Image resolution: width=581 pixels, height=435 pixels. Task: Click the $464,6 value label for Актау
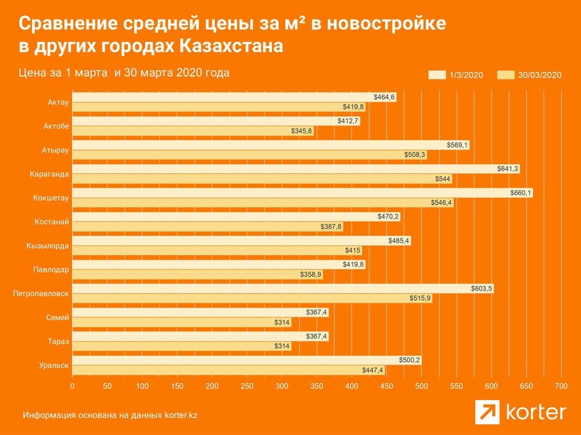click(384, 97)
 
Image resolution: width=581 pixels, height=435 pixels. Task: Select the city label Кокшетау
click(51, 198)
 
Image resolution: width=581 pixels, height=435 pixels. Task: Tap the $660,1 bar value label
click(521, 193)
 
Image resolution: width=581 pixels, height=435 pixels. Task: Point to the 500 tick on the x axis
click(421, 386)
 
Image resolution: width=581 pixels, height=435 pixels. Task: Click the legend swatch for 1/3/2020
click(437, 75)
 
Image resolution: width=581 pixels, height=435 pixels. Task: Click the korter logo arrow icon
click(487, 412)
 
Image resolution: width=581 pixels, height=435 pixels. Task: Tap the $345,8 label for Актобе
click(301, 130)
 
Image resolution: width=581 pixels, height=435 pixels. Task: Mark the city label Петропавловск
click(41, 293)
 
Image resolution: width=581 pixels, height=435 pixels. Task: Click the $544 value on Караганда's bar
click(443, 179)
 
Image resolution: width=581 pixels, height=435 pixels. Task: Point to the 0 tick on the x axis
click(72, 386)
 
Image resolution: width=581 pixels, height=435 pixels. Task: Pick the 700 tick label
click(561, 386)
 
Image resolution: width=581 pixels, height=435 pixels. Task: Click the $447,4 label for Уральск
click(373, 370)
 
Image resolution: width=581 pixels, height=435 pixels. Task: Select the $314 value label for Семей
click(282, 322)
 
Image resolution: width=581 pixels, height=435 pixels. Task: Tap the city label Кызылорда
click(48, 246)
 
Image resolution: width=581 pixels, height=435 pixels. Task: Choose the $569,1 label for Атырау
click(457, 145)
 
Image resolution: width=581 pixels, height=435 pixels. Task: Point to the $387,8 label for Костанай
click(331, 226)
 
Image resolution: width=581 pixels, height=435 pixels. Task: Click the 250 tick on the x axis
click(247, 386)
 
